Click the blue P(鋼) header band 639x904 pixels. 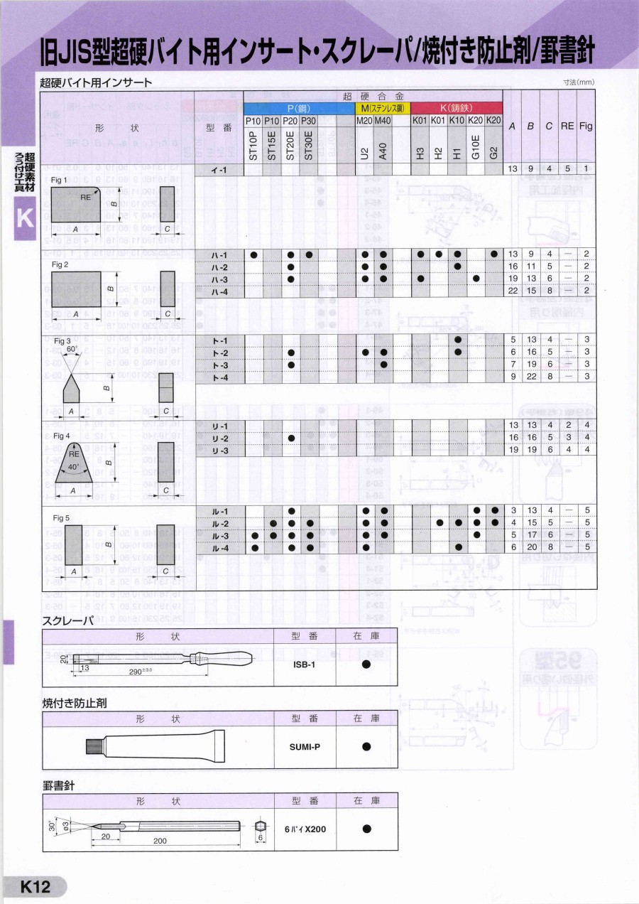point(299,109)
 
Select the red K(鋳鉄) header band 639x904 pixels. point(457,109)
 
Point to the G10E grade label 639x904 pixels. point(476,146)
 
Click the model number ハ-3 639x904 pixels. point(219,279)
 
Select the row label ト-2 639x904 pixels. point(219,353)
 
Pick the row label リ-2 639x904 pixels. point(219,438)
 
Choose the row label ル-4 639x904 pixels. point(219,547)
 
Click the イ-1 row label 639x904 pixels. point(219,169)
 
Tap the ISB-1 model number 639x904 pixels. point(304,664)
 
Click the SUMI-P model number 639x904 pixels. point(304,746)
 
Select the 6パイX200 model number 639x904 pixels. point(305,829)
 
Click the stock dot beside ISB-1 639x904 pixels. point(366,664)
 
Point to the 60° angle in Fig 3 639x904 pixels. point(72,349)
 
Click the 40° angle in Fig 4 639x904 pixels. point(73,468)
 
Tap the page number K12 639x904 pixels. point(35,887)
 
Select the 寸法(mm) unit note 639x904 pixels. point(579,83)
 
